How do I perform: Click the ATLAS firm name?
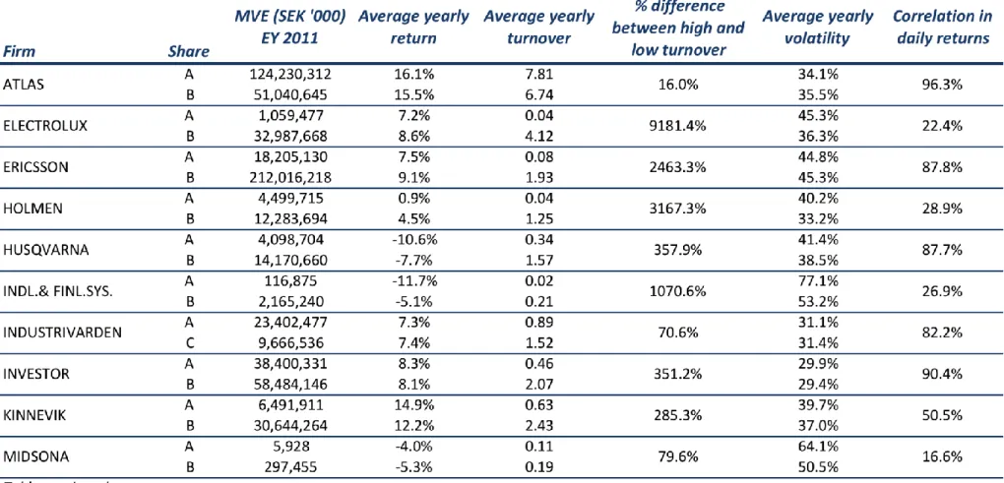(24, 85)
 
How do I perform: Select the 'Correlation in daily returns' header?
(943, 28)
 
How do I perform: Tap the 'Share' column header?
(188, 52)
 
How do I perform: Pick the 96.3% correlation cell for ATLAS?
(943, 85)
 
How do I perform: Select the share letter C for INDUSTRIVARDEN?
(189, 343)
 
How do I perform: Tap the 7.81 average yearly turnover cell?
(538, 75)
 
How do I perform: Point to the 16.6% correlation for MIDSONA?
(943, 455)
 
